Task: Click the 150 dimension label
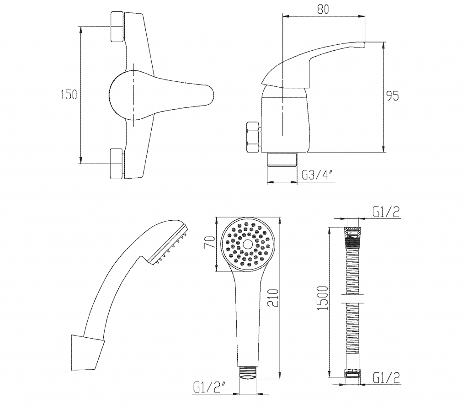69,95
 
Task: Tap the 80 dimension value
323,9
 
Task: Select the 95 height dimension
393,96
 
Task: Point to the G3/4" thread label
317,175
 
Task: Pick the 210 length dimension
273,297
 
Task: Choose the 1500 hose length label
322,298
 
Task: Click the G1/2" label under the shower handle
209,388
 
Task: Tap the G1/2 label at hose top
386,212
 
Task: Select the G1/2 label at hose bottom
386,378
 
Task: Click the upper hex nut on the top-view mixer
117,27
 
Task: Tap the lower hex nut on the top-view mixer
117,164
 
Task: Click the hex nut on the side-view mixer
253,138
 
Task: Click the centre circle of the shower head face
247,244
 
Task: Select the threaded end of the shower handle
248,372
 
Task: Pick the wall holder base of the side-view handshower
87,353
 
